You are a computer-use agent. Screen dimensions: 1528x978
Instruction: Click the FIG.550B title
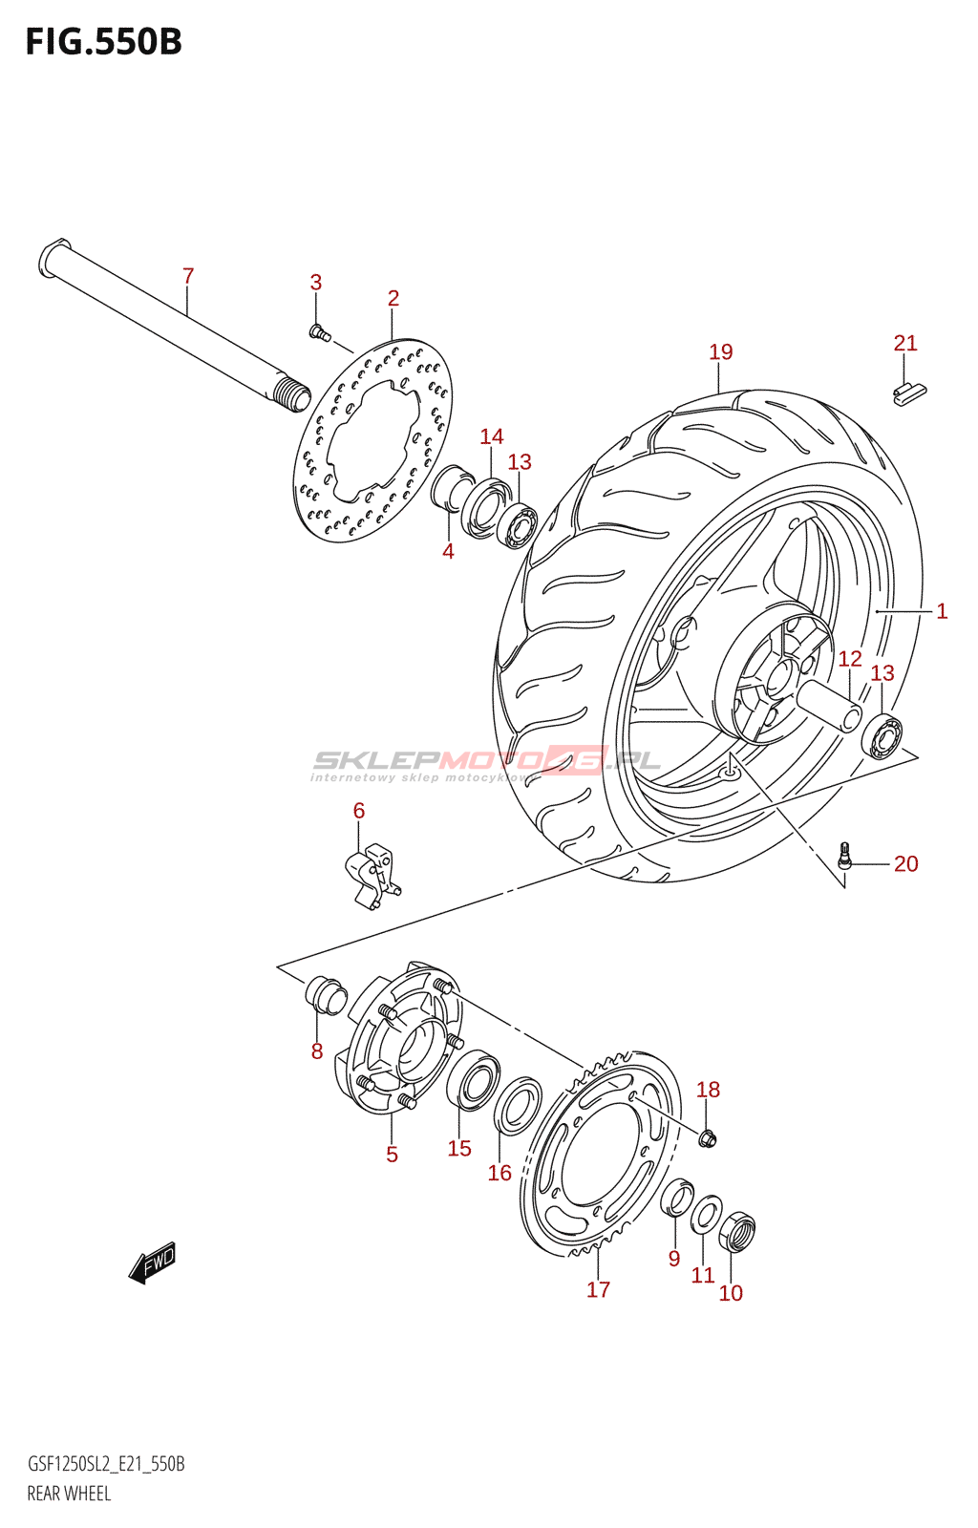103,42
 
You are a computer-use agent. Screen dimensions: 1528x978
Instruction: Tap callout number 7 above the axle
188,276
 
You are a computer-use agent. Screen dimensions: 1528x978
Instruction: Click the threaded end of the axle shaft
291,394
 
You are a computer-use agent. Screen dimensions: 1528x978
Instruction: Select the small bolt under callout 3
319,332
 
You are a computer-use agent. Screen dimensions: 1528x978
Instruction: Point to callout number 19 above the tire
721,352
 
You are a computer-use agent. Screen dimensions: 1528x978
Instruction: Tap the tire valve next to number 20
844,856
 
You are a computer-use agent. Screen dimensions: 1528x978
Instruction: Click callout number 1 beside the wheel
942,611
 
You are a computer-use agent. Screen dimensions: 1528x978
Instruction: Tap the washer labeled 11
706,1214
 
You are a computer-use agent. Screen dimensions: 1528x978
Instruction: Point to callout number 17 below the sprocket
598,1290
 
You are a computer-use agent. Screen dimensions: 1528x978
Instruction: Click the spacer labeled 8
325,994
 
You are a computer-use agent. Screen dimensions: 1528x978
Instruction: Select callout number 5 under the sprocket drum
392,1155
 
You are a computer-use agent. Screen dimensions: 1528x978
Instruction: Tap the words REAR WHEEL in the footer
69,1494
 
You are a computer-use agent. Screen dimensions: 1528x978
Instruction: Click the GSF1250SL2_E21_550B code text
106,1464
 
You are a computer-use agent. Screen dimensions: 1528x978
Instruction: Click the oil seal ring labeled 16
518,1105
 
